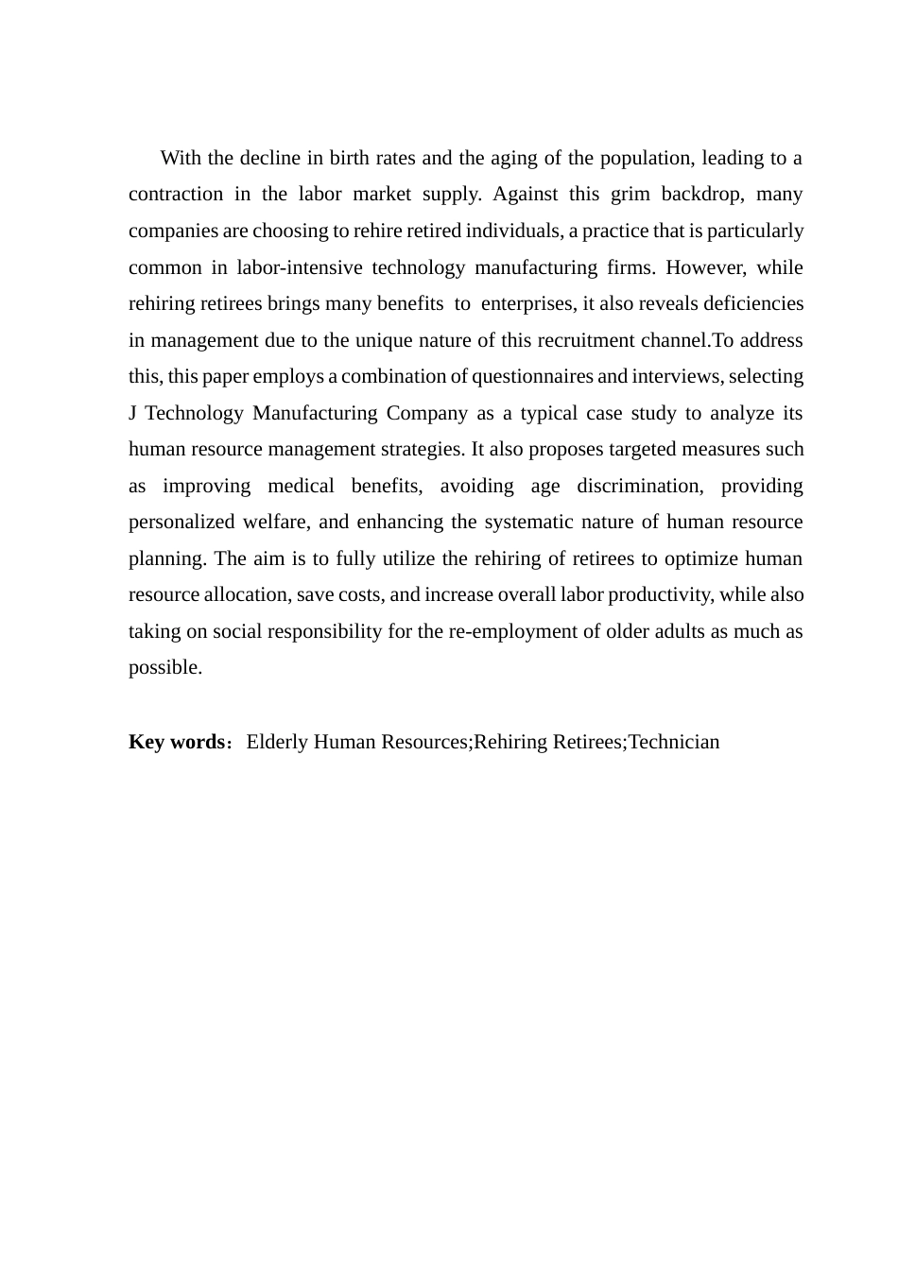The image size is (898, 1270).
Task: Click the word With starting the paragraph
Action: click(180, 158)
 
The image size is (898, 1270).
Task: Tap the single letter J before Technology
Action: click(132, 414)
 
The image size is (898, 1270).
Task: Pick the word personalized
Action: click(181, 523)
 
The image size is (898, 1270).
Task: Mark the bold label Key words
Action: click(176, 742)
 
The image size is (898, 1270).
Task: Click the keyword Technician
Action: click(674, 742)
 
